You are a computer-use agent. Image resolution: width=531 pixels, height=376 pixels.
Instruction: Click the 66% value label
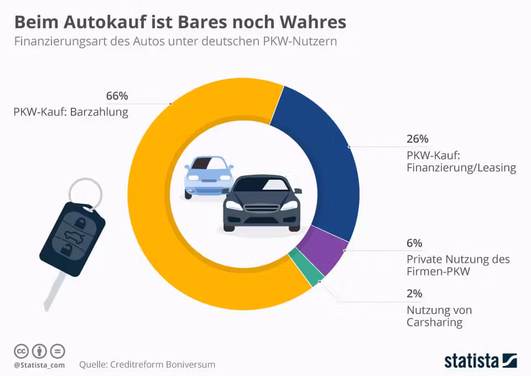click(x=117, y=96)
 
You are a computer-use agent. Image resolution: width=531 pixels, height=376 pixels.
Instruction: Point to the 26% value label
click(x=417, y=139)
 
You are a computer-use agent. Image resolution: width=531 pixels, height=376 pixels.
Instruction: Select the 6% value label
click(x=414, y=243)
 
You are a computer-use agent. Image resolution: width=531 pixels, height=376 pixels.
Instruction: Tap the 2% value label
click(x=414, y=294)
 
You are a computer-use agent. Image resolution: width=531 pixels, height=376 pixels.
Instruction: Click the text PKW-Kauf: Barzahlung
click(x=71, y=112)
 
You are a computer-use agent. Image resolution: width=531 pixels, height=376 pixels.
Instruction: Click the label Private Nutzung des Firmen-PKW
click(x=458, y=265)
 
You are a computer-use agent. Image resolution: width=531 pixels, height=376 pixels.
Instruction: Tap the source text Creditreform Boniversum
click(x=163, y=364)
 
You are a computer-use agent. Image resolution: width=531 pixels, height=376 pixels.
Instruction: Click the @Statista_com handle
click(x=39, y=365)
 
